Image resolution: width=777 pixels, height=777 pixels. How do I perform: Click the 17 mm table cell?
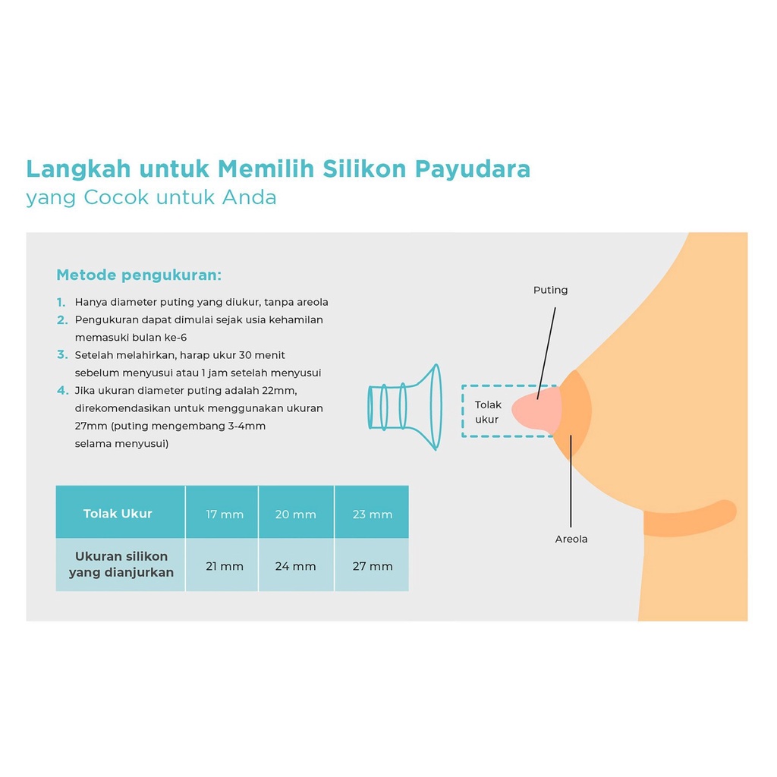(225, 514)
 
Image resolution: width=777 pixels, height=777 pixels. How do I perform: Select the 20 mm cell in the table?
(295, 514)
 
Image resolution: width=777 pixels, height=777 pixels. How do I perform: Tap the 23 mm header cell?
(373, 514)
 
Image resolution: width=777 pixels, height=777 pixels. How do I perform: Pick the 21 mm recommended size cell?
(225, 566)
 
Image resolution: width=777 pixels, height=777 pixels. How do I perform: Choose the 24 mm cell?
(295, 566)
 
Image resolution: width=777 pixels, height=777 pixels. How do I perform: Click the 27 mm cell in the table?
(373, 566)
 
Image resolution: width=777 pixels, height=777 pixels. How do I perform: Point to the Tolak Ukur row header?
(118, 514)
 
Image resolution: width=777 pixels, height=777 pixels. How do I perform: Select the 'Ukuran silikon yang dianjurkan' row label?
(121, 565)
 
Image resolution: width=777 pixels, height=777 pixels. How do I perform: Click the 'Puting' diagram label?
(550, 290)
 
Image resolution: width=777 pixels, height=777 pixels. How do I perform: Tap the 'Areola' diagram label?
(571, 539)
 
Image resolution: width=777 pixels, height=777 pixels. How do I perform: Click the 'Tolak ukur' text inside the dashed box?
(487, 412)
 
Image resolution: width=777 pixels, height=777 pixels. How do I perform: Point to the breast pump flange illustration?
(405, 407)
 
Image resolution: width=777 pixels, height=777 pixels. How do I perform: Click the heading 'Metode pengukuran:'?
(139, 275)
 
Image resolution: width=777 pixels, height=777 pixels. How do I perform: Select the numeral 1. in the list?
(61, 302)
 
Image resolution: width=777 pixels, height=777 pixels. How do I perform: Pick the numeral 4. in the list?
(62, 391)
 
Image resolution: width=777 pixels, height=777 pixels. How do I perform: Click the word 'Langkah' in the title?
(71, 168)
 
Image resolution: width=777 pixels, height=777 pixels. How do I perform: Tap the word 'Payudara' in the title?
(472, 168)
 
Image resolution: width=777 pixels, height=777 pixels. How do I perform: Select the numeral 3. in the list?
(62, 355)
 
